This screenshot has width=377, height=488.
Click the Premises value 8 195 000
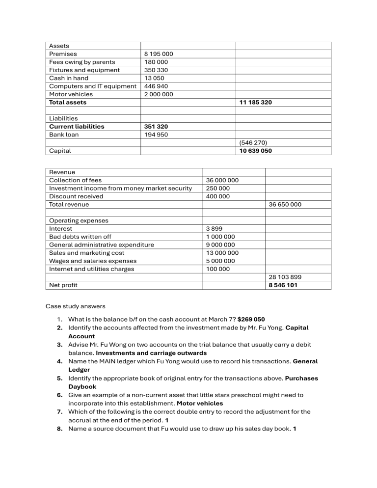[x=159, y=54]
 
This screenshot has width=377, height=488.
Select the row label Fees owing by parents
[x=82, y=62]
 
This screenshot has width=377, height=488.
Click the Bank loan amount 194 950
[x=156, y=135]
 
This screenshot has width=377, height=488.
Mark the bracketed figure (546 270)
[x=253, y=143]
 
